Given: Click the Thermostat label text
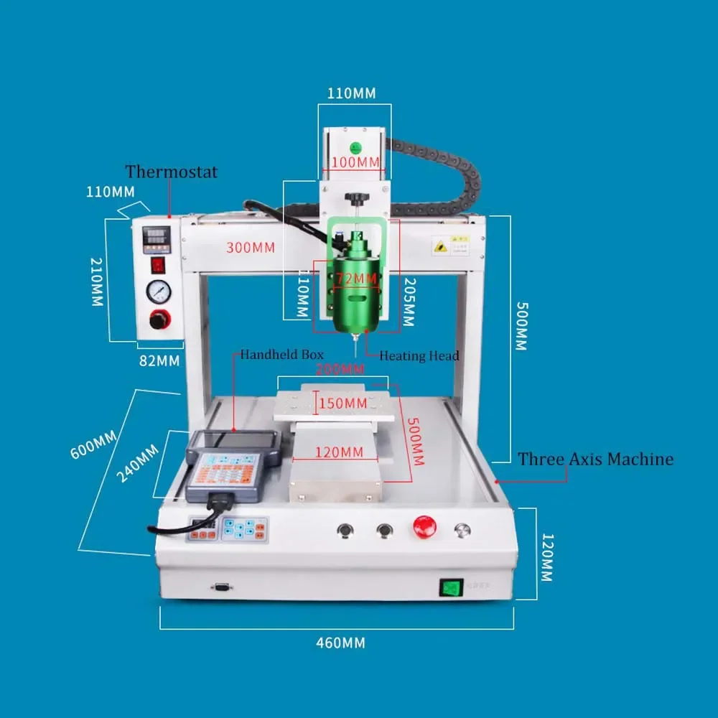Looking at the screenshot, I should coord(171,172).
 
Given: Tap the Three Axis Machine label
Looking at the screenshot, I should coord(596,459).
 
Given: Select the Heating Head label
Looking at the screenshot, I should coord(419,355).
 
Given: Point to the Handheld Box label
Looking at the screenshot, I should coord(281,354).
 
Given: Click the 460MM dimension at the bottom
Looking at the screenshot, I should coord(340,643).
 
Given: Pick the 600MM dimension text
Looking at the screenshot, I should coord(93,444).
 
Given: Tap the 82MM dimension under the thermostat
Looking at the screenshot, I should coord(159,360).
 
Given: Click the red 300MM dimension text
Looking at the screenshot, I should coord(251,248).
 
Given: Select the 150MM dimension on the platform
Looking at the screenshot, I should coord(342,404).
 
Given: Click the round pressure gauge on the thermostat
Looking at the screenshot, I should coord(157,291).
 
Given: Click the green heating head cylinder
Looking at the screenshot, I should coord(355,287).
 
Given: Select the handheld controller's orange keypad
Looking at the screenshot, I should coord(228,474).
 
